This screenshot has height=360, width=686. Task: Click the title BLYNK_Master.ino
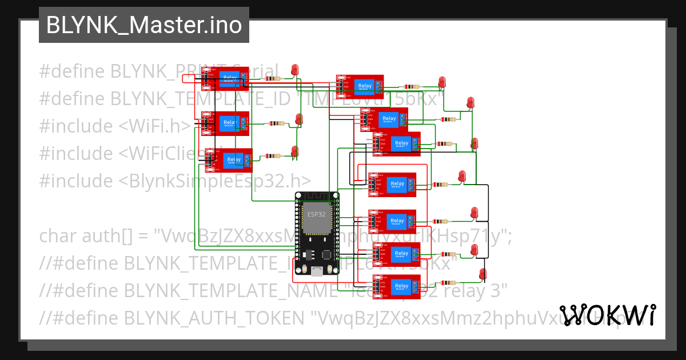[143, 25]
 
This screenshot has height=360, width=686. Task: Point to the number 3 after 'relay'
[501, 290]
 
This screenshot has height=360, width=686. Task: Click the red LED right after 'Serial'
[295, 70]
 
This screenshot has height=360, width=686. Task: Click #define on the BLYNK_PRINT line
[72, 71]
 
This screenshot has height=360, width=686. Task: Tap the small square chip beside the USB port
[328, 255]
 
